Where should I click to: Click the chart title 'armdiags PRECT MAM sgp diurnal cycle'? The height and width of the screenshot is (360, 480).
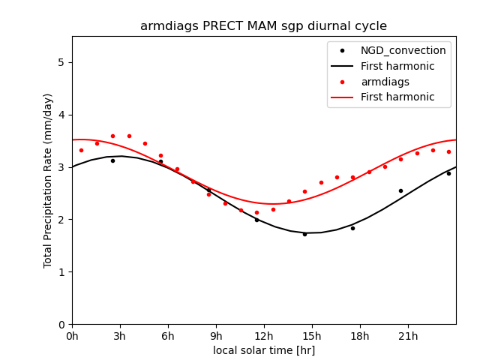point(263,26)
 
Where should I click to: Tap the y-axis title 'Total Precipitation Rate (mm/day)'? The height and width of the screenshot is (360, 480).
point(48,180)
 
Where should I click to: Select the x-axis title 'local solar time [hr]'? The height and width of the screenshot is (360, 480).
point(263,350)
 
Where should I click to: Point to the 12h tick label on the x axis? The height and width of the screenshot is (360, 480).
point(264,336)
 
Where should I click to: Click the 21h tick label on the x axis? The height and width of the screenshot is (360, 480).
point(408,336)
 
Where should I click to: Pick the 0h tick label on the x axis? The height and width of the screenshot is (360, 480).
point(72,336)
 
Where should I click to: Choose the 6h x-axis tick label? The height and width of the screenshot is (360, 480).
point(168,336)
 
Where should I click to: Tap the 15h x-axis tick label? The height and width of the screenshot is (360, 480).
point(312,336)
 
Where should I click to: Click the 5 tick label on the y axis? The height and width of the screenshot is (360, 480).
point(61,62)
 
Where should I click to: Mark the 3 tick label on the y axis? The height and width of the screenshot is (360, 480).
point(61,167)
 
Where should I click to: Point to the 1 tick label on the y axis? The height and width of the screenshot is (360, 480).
point(61,272)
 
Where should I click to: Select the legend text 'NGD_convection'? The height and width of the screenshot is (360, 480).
point(403,51)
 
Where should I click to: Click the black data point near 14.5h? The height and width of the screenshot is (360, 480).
point(304,234)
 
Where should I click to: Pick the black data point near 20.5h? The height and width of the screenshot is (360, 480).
point(400,190)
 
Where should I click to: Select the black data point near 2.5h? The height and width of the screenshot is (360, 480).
point(112,160)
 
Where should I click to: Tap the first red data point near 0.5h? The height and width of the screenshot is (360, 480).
point(81,150)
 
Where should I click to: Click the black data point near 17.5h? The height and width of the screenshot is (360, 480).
point(352,228)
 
